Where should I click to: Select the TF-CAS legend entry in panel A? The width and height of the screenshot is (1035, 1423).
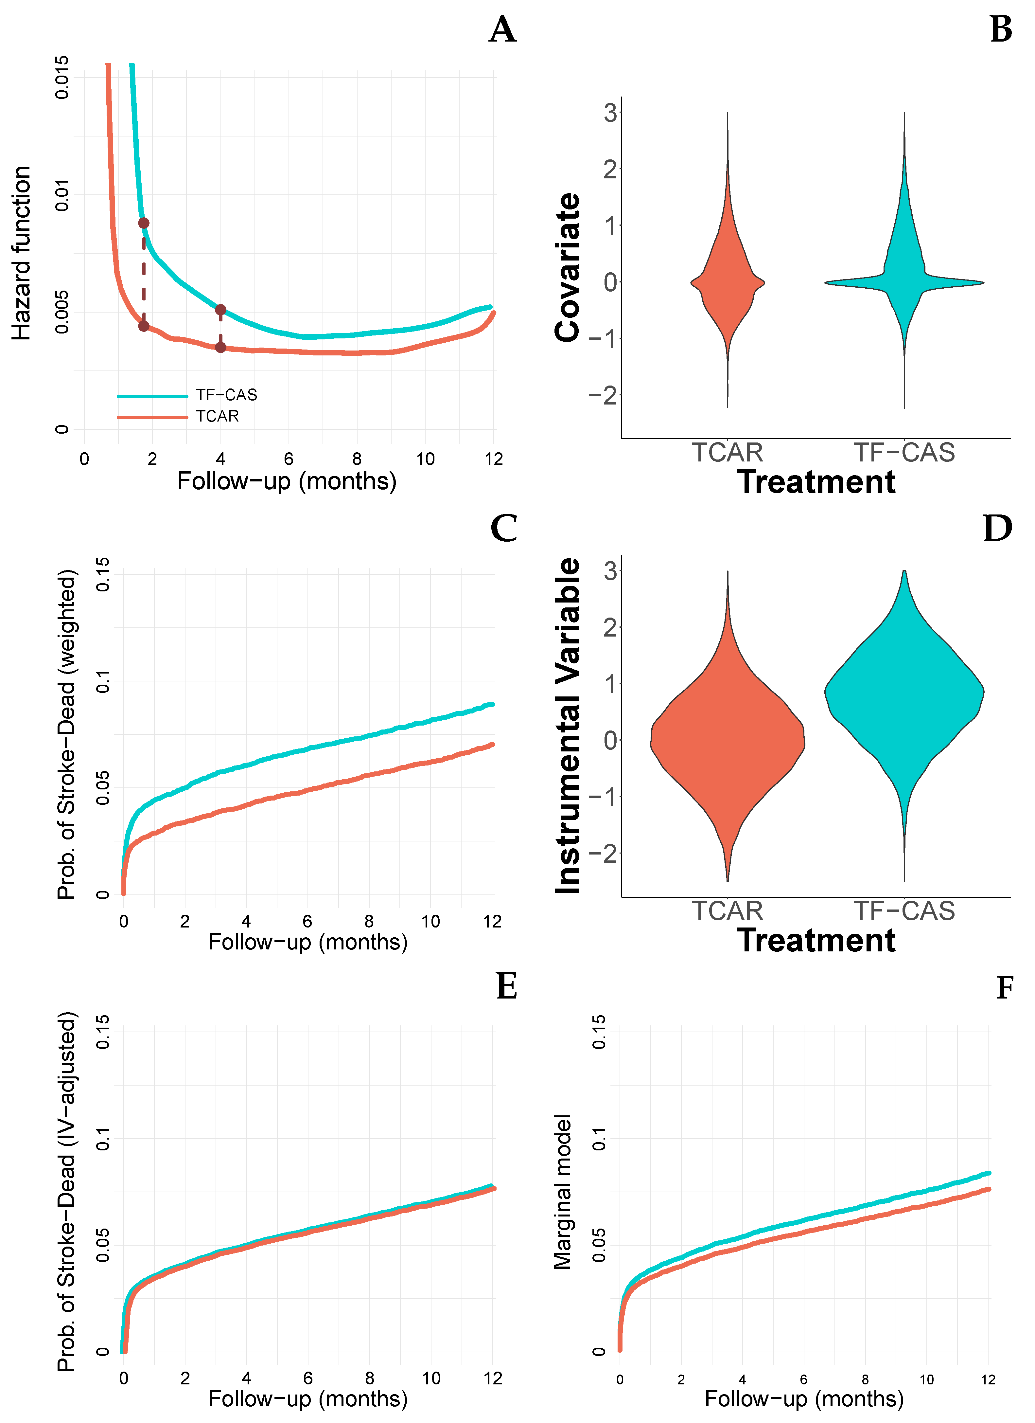pos(226,395)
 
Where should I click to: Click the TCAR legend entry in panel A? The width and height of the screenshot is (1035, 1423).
pos(217,416)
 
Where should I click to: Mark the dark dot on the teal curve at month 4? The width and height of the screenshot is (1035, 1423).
pos(220,309)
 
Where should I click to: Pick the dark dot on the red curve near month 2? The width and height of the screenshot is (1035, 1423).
pos(144,326)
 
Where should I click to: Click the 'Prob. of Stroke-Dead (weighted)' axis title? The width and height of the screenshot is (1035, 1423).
pos(66,734)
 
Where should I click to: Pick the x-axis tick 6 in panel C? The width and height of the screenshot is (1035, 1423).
pos(307,921)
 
